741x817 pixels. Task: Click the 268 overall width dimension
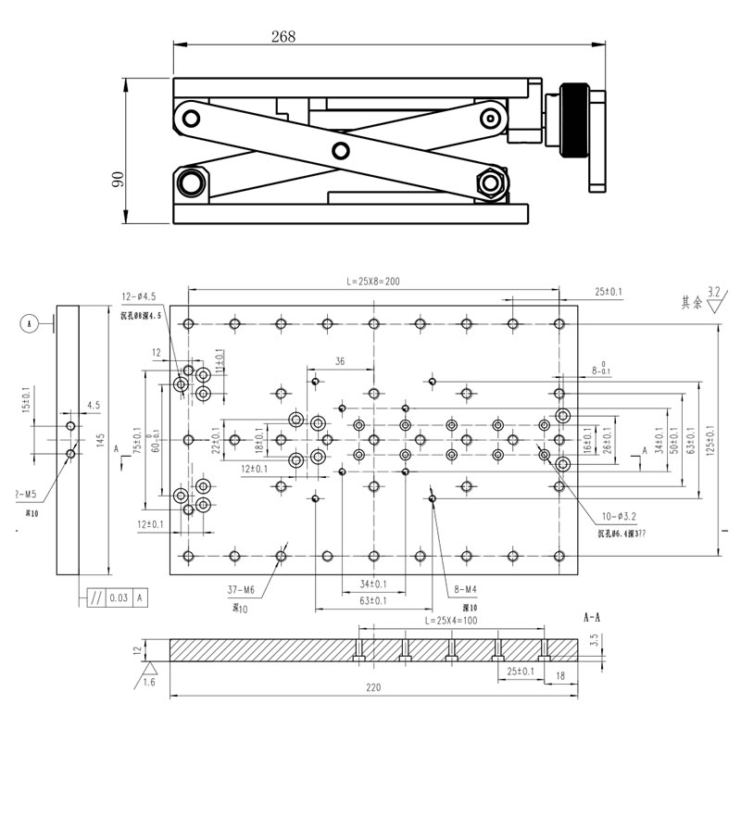click(x=283, y=37)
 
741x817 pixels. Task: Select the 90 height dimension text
click(x=118, y=177)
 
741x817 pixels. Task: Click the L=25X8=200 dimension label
click(x=373, y=281)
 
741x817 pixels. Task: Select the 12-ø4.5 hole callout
click(x=141, y=296)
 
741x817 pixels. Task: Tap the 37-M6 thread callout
click(x=242, y=589)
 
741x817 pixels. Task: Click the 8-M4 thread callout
click(x=465, y=589)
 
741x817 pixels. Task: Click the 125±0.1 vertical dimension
click(x=710, y=441)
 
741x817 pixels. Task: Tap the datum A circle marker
click(x=30, y=323)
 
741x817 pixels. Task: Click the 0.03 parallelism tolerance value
click(x=119, y=598)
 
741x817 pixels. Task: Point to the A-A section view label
click(x=593, y=616)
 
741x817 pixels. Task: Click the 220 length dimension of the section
click(x=373, y=688)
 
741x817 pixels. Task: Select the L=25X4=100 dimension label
click(x=451, y=621)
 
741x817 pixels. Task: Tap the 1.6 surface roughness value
click(x=149, y=683)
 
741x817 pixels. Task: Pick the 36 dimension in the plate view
click(x=340, y=361)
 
